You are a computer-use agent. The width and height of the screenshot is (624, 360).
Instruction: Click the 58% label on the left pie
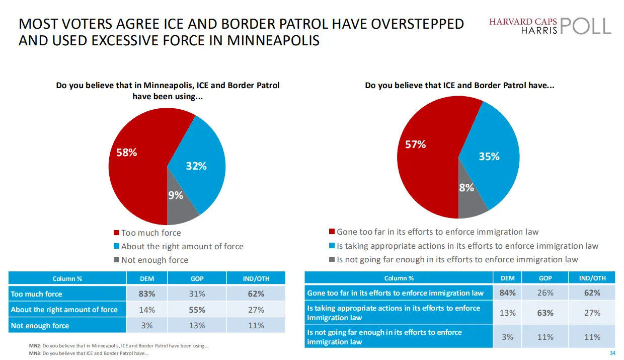point(127,152)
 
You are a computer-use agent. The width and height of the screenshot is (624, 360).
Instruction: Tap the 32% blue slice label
point(196,166)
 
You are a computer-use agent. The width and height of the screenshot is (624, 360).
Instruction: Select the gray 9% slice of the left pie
point(176,195)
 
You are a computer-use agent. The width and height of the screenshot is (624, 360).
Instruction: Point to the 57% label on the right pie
point(416,145)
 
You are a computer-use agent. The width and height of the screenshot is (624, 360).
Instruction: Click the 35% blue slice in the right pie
point(489,157)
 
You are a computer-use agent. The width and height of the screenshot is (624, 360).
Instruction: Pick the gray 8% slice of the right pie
point(466,187)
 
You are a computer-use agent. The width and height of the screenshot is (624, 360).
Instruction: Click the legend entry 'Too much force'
point(150,233)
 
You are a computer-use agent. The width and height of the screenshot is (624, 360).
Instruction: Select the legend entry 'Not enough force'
point(154,260)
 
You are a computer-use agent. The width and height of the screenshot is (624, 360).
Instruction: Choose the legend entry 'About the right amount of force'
point(182,246)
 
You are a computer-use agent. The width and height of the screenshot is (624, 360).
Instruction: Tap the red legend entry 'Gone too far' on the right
point(437,232)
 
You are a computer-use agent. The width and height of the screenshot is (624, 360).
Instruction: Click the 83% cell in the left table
point(146,294)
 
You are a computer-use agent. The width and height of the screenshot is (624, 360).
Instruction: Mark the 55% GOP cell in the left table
point(197,310)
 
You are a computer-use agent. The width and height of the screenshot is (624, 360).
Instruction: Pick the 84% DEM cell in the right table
point(507,293)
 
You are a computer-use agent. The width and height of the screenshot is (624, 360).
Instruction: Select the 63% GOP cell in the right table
point(545,313)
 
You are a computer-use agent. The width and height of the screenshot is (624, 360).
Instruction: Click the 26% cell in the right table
point(545,293)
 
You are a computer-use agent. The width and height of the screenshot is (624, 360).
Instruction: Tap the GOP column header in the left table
point(197,278)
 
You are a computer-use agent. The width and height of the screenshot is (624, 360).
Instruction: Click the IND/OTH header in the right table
point(592,278)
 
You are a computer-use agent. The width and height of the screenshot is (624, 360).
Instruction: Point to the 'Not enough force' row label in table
point(40,326)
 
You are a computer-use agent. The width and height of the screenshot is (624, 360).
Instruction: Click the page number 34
point(612,352)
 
